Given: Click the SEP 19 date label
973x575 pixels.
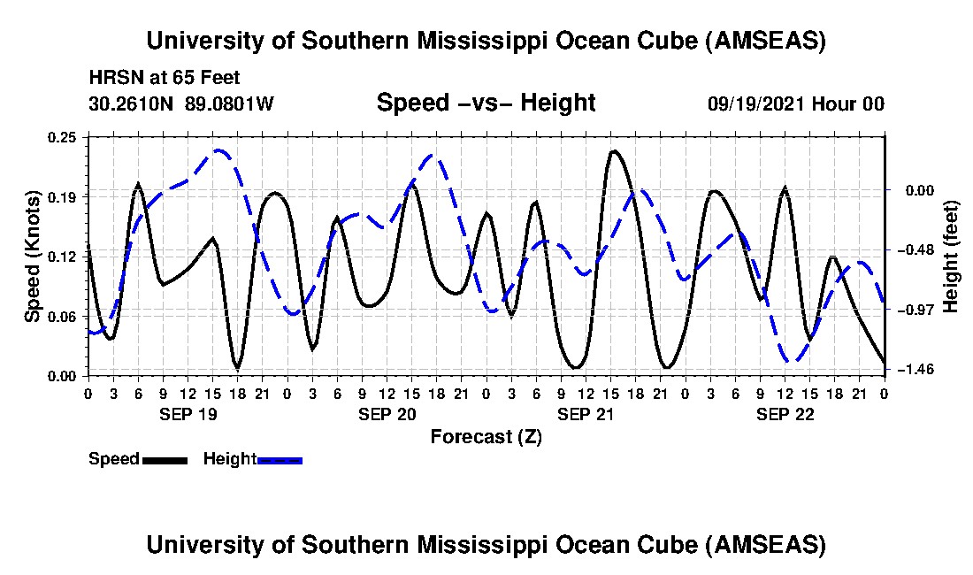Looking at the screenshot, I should tap(188, 413).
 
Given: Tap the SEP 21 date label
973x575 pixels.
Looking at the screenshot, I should tap(586, 413).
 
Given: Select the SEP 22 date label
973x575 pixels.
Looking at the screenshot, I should tap(785, 413).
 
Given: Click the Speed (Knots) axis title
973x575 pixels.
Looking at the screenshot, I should tap(33, 256).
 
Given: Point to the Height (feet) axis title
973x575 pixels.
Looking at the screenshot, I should tap(952, 256).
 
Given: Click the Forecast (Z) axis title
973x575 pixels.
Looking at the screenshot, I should tap(486, 436).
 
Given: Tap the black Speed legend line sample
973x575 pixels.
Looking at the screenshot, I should tap(164, 460).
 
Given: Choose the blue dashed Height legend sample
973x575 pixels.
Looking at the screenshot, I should tap(280, 460).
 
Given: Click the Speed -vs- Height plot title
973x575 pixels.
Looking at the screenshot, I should tap(486, 103).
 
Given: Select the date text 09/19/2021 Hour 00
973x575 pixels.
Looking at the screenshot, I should tap(795, 103).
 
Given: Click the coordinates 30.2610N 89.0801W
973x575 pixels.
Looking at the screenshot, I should tap(181, 103).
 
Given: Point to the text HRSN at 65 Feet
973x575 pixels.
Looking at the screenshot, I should tap(165, 78).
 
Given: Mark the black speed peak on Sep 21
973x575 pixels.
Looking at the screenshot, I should tap(614, 151).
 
